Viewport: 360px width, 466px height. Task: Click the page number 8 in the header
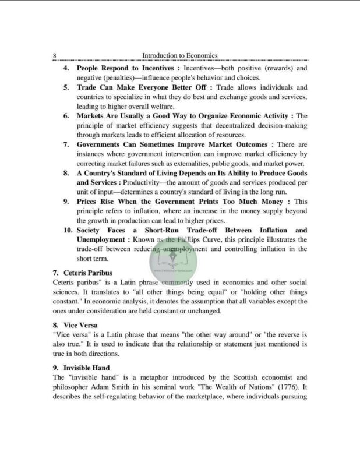54,55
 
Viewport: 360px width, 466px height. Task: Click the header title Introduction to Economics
180,55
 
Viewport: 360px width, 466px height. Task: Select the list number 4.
67,68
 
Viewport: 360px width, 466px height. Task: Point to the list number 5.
67,87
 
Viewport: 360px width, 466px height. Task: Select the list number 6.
67,116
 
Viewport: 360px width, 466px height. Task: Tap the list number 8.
67,173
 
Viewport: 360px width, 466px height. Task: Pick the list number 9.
67,202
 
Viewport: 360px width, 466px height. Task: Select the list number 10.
68,230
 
